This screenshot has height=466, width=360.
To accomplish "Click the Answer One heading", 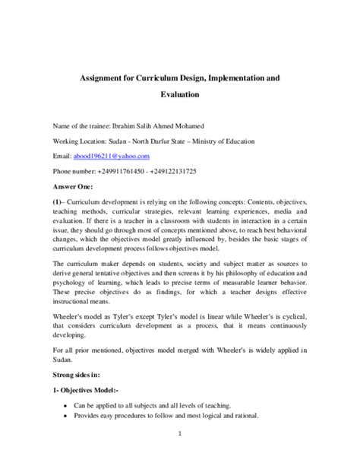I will (x=74, y=185).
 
